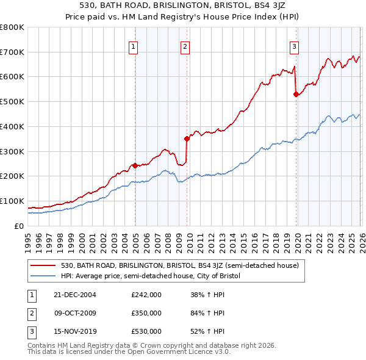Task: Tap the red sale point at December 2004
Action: [x=135, y=165]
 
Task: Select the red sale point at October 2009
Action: [x=187, y=139]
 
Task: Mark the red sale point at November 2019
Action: [x=296, y=94]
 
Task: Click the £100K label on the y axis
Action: [x=12, y=201]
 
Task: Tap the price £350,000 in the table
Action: [x=146, y=313]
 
